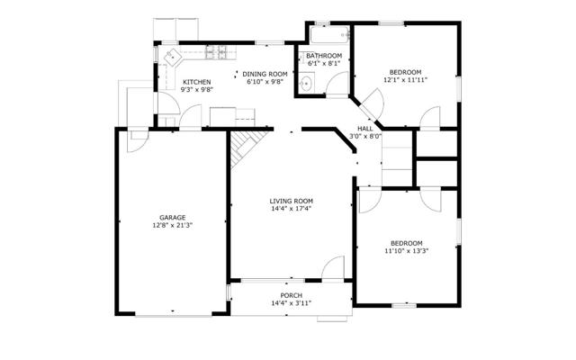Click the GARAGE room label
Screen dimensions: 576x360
coord(172,218)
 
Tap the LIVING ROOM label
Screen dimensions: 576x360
coord(292,201)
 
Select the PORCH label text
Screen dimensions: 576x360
coord(292,295)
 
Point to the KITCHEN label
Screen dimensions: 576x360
coord(197,82)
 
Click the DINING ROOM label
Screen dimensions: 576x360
coord(265,74)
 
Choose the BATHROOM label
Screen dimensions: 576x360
coord(324,56)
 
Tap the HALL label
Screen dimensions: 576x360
coord(365,129)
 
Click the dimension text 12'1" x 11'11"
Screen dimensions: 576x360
coord(406,80)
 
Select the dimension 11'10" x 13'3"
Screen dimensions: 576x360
coord(407,251)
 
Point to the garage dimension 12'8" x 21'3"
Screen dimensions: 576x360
coord(173,225)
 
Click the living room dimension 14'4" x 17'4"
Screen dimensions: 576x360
coord(292,209)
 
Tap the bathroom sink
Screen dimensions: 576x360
coord(306,84)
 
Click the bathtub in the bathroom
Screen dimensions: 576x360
coord(329,34)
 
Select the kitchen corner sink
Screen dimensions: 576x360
coord(172,57)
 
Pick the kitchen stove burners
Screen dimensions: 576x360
coord(216,52)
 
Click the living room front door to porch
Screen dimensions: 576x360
coord(333,267)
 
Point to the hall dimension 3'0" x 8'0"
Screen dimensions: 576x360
coord(365,136)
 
